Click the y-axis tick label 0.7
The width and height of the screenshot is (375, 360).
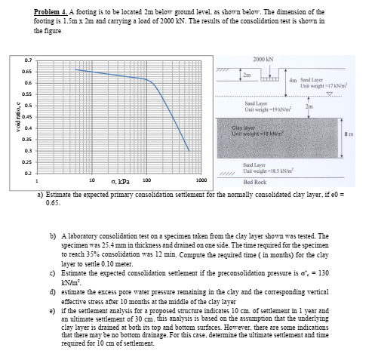click(x=28, y=59)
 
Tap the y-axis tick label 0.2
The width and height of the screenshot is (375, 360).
click(x=28, y=173)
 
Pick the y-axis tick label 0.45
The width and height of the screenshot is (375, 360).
click(x=27, y=115)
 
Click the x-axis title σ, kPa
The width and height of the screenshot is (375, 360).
click(x=120, y=182)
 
